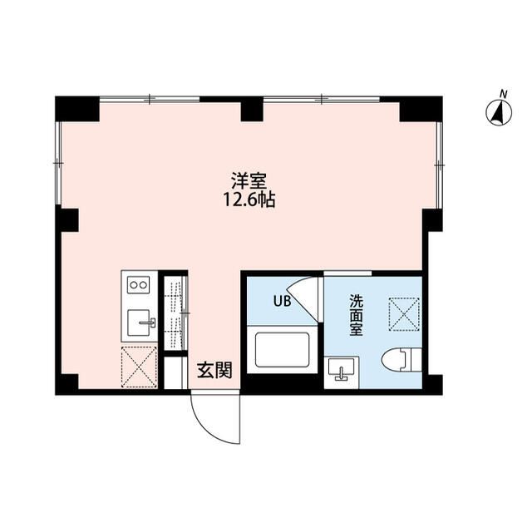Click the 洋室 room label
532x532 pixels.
[x=243, y=179]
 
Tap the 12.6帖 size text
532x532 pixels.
[x=243, y=199]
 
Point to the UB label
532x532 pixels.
[x=283, y=302]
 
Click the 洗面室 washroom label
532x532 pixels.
[x=357, y=317]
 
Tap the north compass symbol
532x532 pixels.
[x=500, y=112]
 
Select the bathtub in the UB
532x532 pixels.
[x=283, y=350]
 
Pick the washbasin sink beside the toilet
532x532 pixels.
[x=341, y=368]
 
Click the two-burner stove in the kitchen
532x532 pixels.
[x=137, y=285]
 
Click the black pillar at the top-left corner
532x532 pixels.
[x=76, y=109]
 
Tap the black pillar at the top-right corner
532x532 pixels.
[x=420, y=109]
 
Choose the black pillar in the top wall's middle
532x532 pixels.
[x=251, y=110]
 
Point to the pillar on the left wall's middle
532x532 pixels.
[x=67, y=219]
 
